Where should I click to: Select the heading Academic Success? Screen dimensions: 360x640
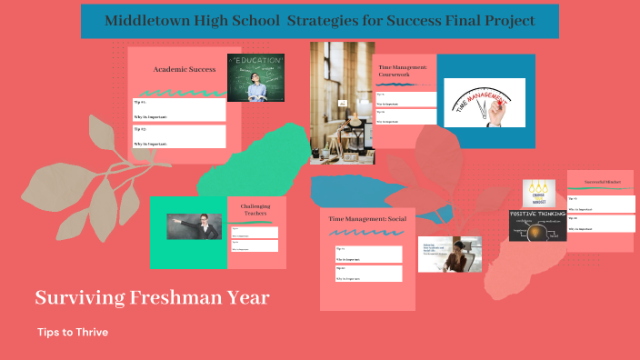(184, 69)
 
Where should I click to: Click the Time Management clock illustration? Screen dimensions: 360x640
(484, 101)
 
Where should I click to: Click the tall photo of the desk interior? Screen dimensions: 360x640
(341, 103)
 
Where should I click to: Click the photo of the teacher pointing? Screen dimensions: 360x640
(194, 226)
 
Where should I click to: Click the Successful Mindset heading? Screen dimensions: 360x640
(601, 182)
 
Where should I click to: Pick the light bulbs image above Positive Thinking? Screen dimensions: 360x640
(537, 194)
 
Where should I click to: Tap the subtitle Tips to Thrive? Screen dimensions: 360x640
(73, 333)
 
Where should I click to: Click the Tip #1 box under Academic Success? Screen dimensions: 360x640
(179, 109)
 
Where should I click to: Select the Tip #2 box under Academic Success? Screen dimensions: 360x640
(179, 136)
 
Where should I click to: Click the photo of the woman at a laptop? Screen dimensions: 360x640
(450, 255)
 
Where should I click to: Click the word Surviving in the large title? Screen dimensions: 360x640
(75, 297)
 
